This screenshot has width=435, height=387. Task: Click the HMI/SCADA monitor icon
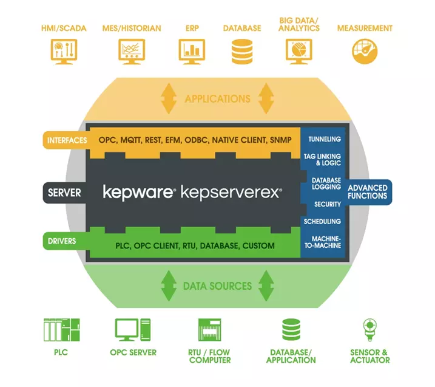coord(64,52)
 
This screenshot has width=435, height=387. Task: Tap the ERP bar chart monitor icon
coord(192,52)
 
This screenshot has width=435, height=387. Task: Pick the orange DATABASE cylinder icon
coord(242,52)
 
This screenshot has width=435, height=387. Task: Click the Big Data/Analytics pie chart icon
coord(298,52)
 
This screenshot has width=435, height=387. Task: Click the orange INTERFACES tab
coord(64,140)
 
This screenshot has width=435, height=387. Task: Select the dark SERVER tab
coord(64,193)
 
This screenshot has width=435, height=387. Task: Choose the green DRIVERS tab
coord(64,241)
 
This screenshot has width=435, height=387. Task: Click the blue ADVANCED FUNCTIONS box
coord(368,192)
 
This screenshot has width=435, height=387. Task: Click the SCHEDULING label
coord(322,222)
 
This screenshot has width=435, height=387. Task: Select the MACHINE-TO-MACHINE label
coord(322,242)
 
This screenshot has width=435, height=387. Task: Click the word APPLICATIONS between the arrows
coord(217,98)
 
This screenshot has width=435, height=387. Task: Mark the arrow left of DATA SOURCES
coord(168,286)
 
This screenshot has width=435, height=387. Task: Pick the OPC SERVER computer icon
coord(133,330)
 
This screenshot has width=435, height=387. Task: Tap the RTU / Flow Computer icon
coord(210,330)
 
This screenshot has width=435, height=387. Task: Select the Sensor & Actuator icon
coord(369,330)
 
